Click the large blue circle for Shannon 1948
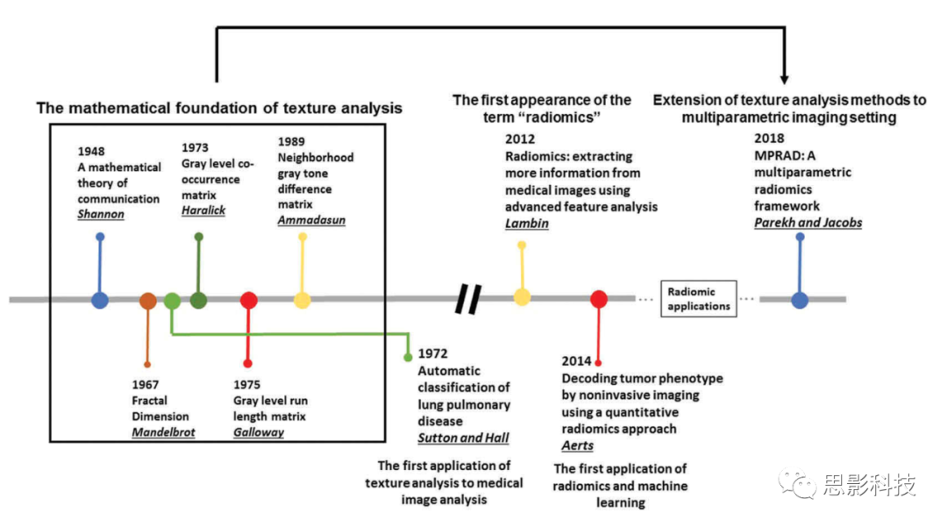100,300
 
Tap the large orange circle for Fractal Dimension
147,300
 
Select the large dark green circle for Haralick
199,300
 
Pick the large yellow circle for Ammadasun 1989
303,300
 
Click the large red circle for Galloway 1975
249,300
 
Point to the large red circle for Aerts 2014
599,299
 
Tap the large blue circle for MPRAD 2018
800,300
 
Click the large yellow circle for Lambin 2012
522,297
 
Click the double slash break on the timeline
468,299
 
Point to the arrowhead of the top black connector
785,78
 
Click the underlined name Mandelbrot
164,432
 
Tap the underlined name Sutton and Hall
463,438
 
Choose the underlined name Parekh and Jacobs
808,223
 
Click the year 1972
433,354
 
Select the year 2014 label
578,361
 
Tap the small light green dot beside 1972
408,357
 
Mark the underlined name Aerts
578,445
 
